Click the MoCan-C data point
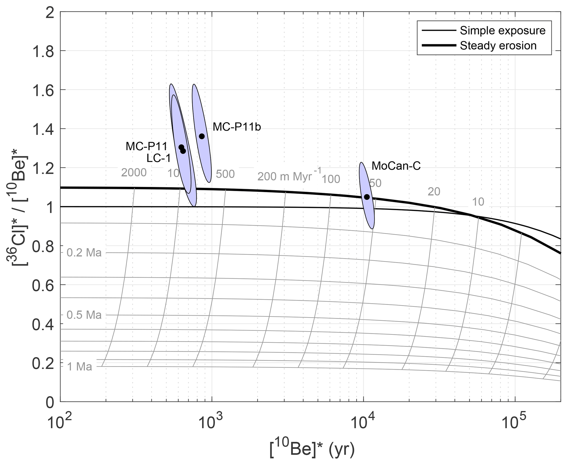(x=367, y=197)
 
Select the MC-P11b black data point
(x=202, y=136)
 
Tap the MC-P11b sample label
(x=237, y=127)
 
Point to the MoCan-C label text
(x=396, y=166)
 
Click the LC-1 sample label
(x=159, y=158)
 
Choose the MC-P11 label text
(x=146, y=146)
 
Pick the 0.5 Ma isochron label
(x=84, y=315)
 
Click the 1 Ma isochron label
(x=80, y=367)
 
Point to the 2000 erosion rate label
(x=134, y=172)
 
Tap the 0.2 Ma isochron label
(x=84, y=253)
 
